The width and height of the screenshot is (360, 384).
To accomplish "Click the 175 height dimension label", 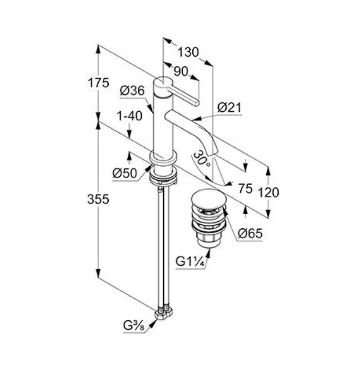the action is (x=99, y=83).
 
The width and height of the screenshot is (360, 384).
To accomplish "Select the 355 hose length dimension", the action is (x=98, y=199).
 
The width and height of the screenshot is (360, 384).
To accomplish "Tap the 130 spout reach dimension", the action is (x=188, y=52).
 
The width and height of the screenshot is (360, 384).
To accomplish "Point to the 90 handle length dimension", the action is (x=181, y=71).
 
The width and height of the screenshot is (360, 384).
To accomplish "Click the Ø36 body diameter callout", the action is (x=132, y=91).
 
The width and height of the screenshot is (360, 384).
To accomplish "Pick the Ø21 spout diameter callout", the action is (x=230, y=107).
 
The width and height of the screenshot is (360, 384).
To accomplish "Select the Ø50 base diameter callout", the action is (x=124, y=173).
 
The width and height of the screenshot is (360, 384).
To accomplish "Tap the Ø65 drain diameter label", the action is (x=250, y=233).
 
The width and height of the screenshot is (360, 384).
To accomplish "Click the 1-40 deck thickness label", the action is (x=129, y=115).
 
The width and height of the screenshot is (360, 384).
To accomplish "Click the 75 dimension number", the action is (x=245, y=188).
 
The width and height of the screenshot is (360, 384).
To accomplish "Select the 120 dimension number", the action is (x=268, y=193).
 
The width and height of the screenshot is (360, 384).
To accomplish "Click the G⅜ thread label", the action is (x=134, y=325).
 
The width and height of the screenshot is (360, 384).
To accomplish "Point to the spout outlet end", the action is (x=213, y=153).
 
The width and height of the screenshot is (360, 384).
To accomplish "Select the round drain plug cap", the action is (x=209, y=197).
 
